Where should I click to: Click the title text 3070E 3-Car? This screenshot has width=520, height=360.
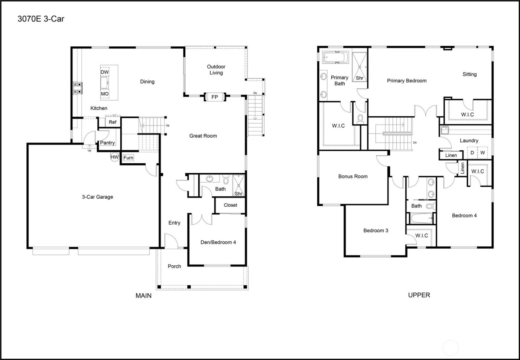click(41, 19)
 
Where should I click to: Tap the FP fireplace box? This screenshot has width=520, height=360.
click(214, 97)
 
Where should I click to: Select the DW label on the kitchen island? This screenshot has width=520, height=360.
click(105, 72)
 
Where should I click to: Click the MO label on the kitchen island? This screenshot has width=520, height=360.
click(105, 94)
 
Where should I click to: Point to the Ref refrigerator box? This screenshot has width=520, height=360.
click(113, 122)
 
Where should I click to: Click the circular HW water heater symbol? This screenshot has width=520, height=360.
click(114, 157)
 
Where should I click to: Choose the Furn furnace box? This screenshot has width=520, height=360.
click(128, 158)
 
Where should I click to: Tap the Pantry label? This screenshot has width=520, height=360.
click(107, 143)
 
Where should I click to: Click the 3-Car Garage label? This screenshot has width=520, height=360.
click(97, 197)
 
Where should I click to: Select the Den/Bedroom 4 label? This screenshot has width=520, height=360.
click(218, 242)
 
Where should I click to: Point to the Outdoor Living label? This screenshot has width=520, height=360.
click(216, 70)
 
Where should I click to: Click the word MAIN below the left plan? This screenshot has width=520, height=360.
click(143, 296)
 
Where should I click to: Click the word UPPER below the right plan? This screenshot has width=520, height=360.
click(419, 295)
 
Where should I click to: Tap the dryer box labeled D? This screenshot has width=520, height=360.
click(472, 153)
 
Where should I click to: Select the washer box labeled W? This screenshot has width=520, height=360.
click(482, 153)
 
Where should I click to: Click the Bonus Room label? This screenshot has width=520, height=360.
click(353, 176)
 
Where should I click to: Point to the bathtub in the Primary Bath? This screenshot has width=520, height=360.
click(335, 58)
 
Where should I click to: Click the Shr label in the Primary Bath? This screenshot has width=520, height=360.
click(360, 78)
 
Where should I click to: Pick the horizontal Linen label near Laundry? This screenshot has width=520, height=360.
click(451, 155)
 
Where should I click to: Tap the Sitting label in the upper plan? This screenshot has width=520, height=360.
click(469, 74)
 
